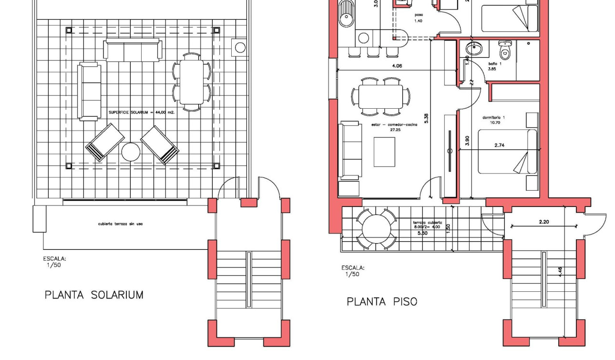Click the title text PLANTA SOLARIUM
94,295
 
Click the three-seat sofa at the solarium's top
133,51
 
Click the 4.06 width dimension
396,66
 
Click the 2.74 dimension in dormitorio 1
499,145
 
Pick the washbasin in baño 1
473,49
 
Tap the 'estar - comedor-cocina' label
394,125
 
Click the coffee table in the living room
384,152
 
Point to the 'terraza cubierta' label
427,223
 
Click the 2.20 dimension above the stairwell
544,222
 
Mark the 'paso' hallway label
418,15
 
